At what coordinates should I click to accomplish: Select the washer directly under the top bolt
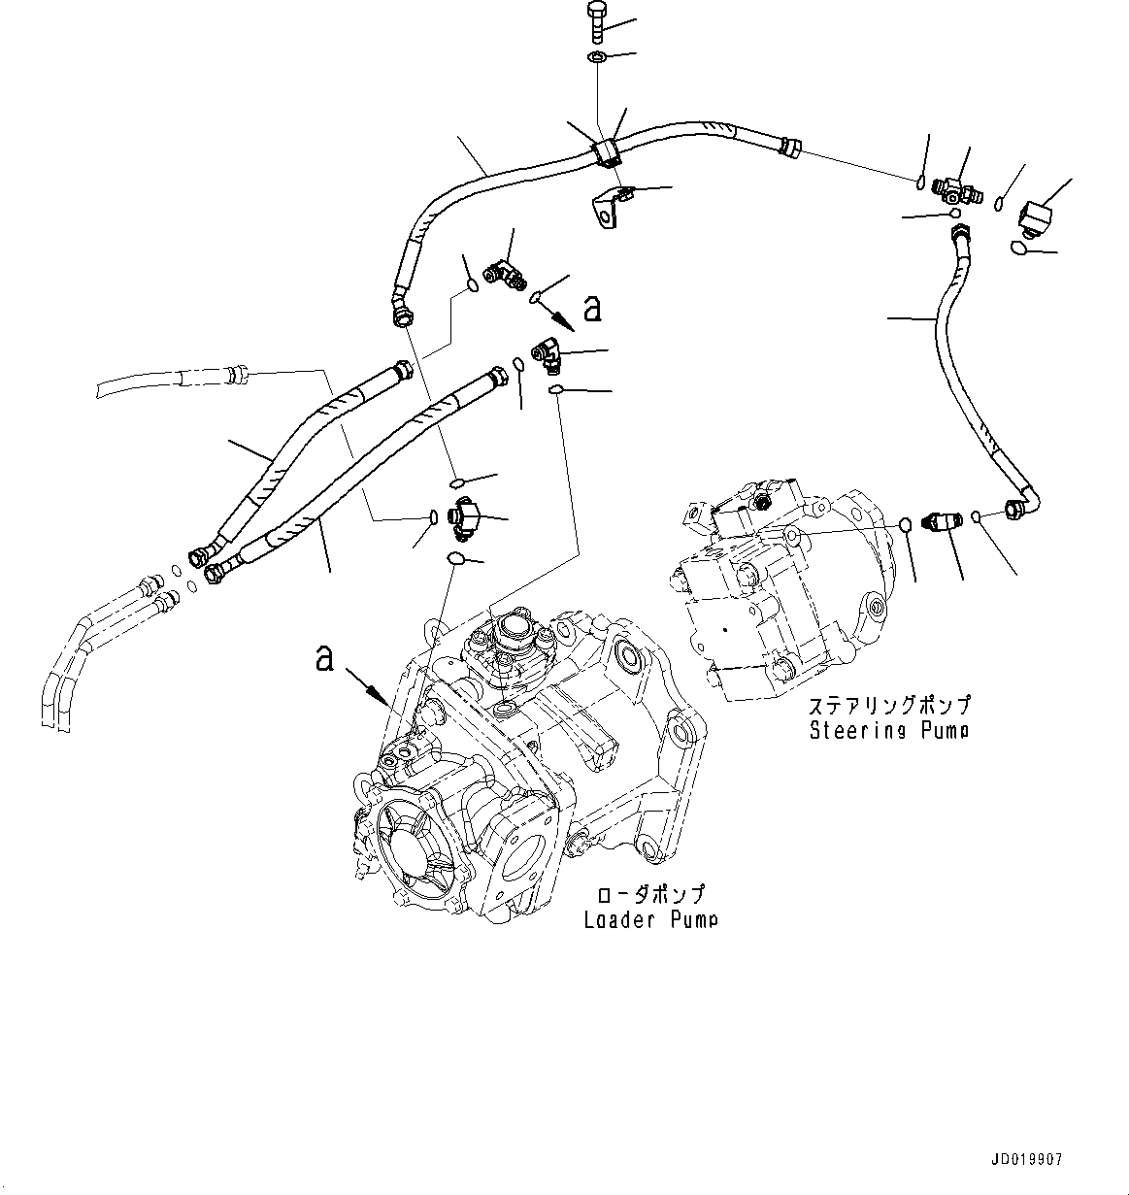597,60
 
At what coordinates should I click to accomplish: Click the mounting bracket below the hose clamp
608,206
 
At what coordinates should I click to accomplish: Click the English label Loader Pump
650,919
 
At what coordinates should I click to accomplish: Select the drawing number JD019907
1027,1160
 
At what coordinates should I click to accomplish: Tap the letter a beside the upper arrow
592,309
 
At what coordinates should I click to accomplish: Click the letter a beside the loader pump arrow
325,659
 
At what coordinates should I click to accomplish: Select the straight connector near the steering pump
940,522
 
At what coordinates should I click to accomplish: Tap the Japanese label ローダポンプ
649,895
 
